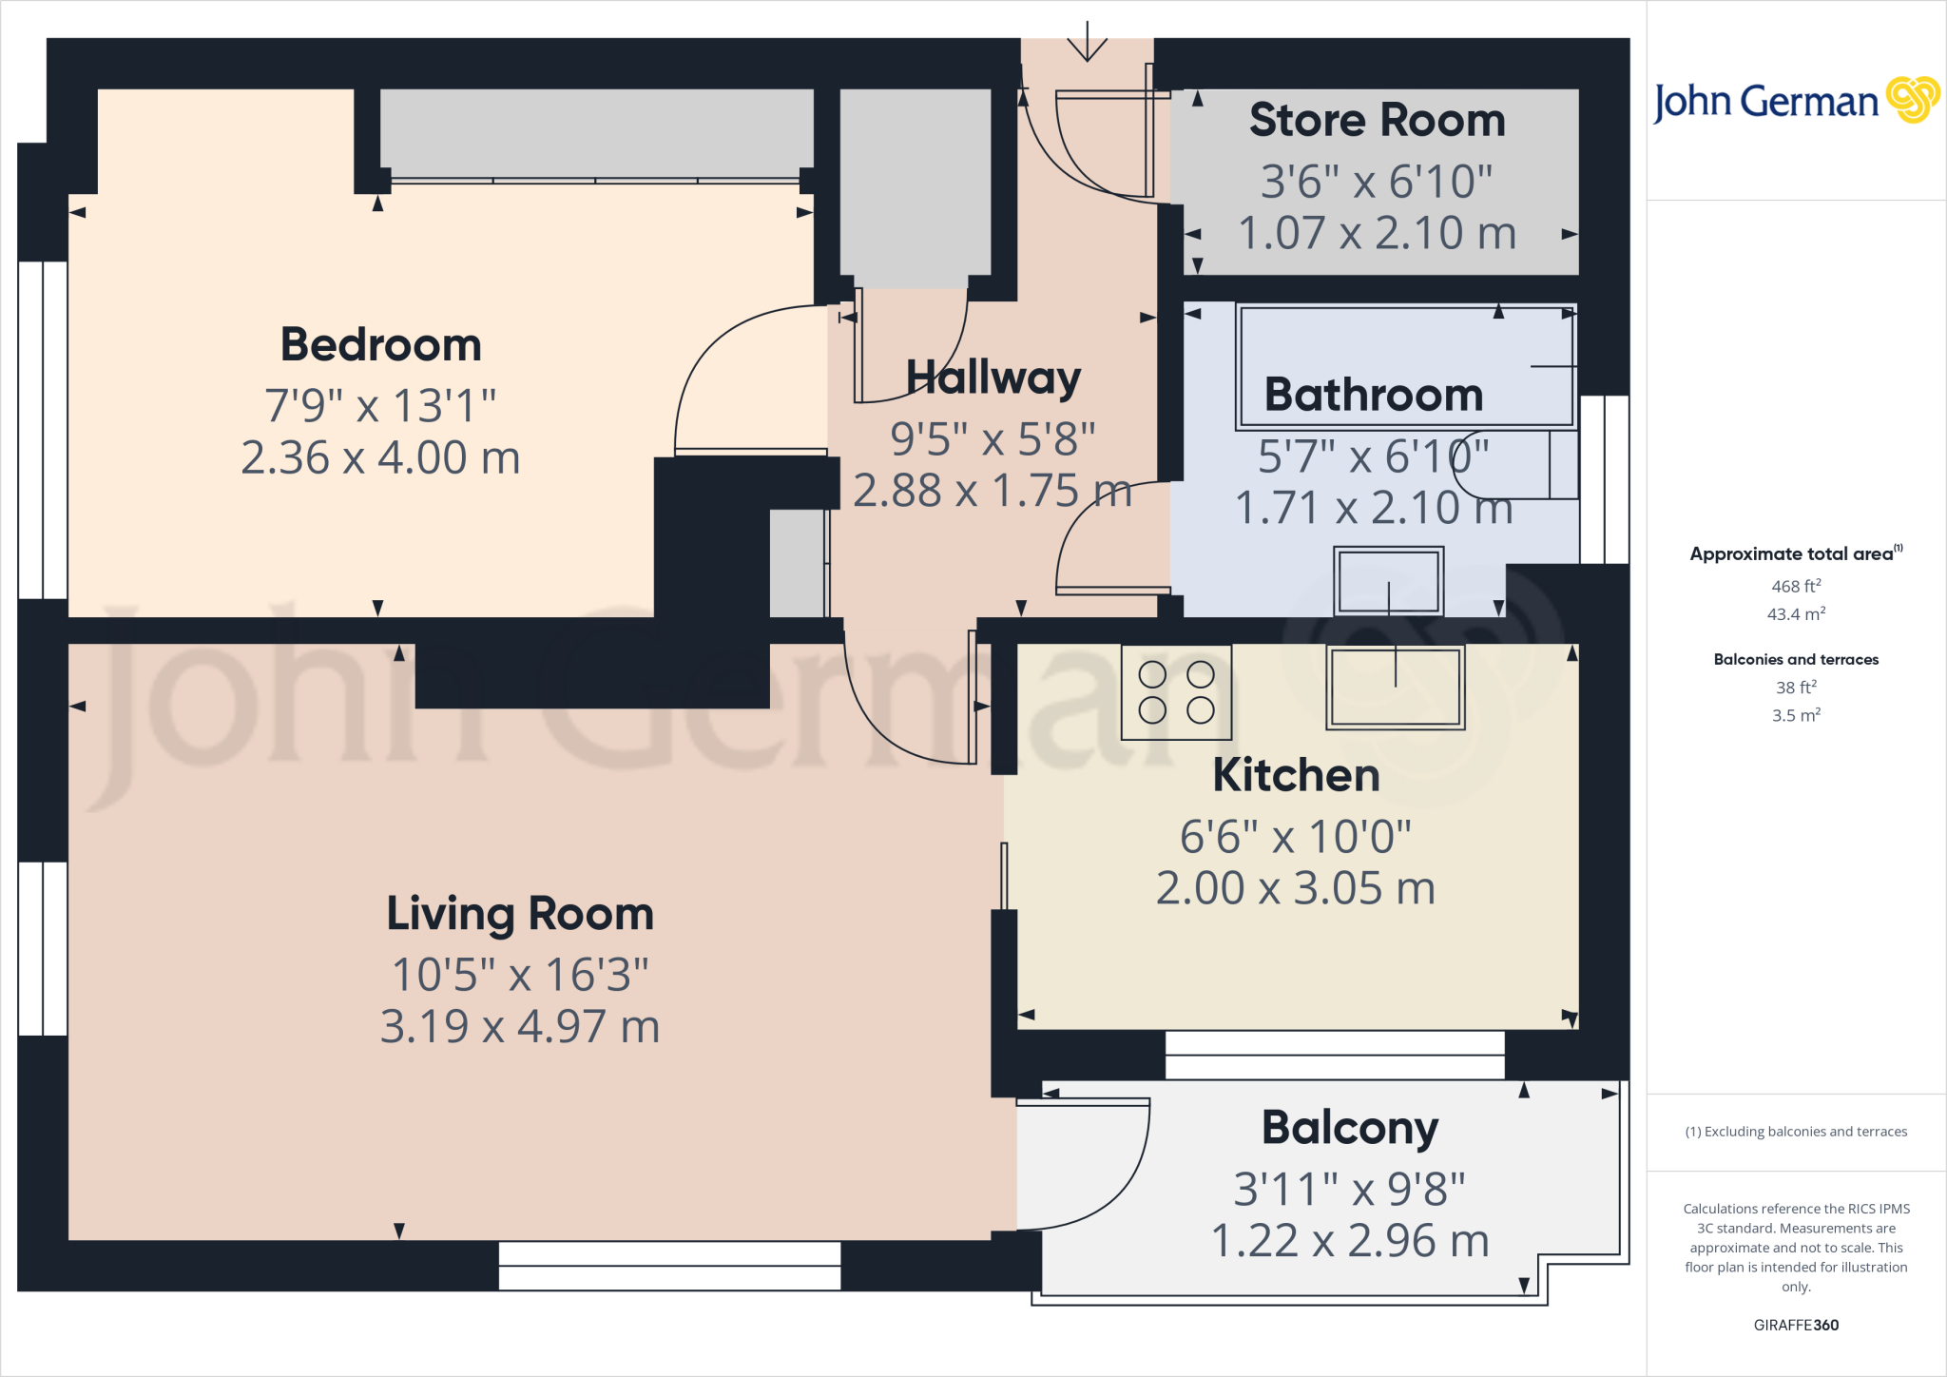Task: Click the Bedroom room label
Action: [x=380, y=344]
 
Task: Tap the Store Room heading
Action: [x=1377, y=121]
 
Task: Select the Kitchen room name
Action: [x=1296, y=775]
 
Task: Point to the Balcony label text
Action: [x=1349, y=1128]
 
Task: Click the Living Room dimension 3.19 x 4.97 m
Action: [x=519, y=1027]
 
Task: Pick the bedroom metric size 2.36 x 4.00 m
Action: [x=380, y=458]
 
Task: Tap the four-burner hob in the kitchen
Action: [x=1176, y=692]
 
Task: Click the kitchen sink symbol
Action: [x=1395, y=687]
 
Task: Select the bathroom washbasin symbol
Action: [x=1388, y=581]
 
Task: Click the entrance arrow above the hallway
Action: [x=1087, y=43]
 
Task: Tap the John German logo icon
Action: [x=1912, y=100]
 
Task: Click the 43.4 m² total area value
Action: [x=1795, y=614]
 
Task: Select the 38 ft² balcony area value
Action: [x=1795, y=687]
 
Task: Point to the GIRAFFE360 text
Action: [x=1795, y=1325]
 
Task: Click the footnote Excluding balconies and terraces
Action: [x=1795, y=1132]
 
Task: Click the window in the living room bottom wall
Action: [x=669, y=1266]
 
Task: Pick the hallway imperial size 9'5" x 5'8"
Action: [x=993, y=439]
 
